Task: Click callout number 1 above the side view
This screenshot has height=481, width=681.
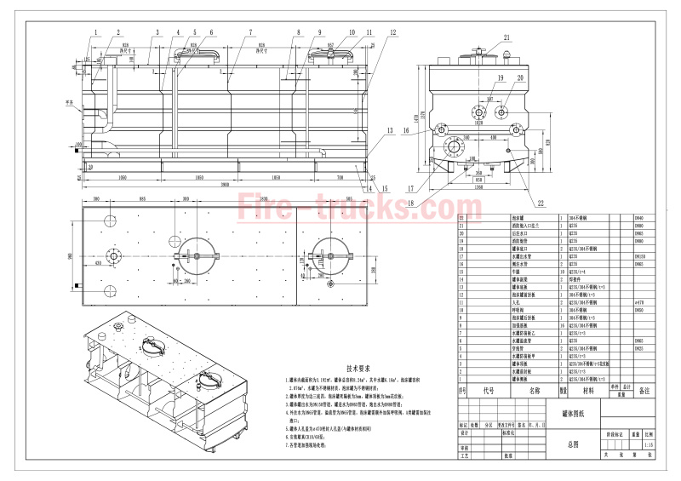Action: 96,31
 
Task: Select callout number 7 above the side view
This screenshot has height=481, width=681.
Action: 250,31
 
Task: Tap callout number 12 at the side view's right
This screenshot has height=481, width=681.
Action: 393,31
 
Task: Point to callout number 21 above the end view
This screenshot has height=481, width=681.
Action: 506,37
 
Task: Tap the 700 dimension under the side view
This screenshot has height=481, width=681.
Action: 340,176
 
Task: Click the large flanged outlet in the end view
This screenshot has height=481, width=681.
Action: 453,147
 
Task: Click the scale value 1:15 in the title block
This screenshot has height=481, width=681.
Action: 650,444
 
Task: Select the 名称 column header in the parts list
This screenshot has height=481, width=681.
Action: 535,391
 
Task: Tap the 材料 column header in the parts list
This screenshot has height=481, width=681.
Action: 588,391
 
